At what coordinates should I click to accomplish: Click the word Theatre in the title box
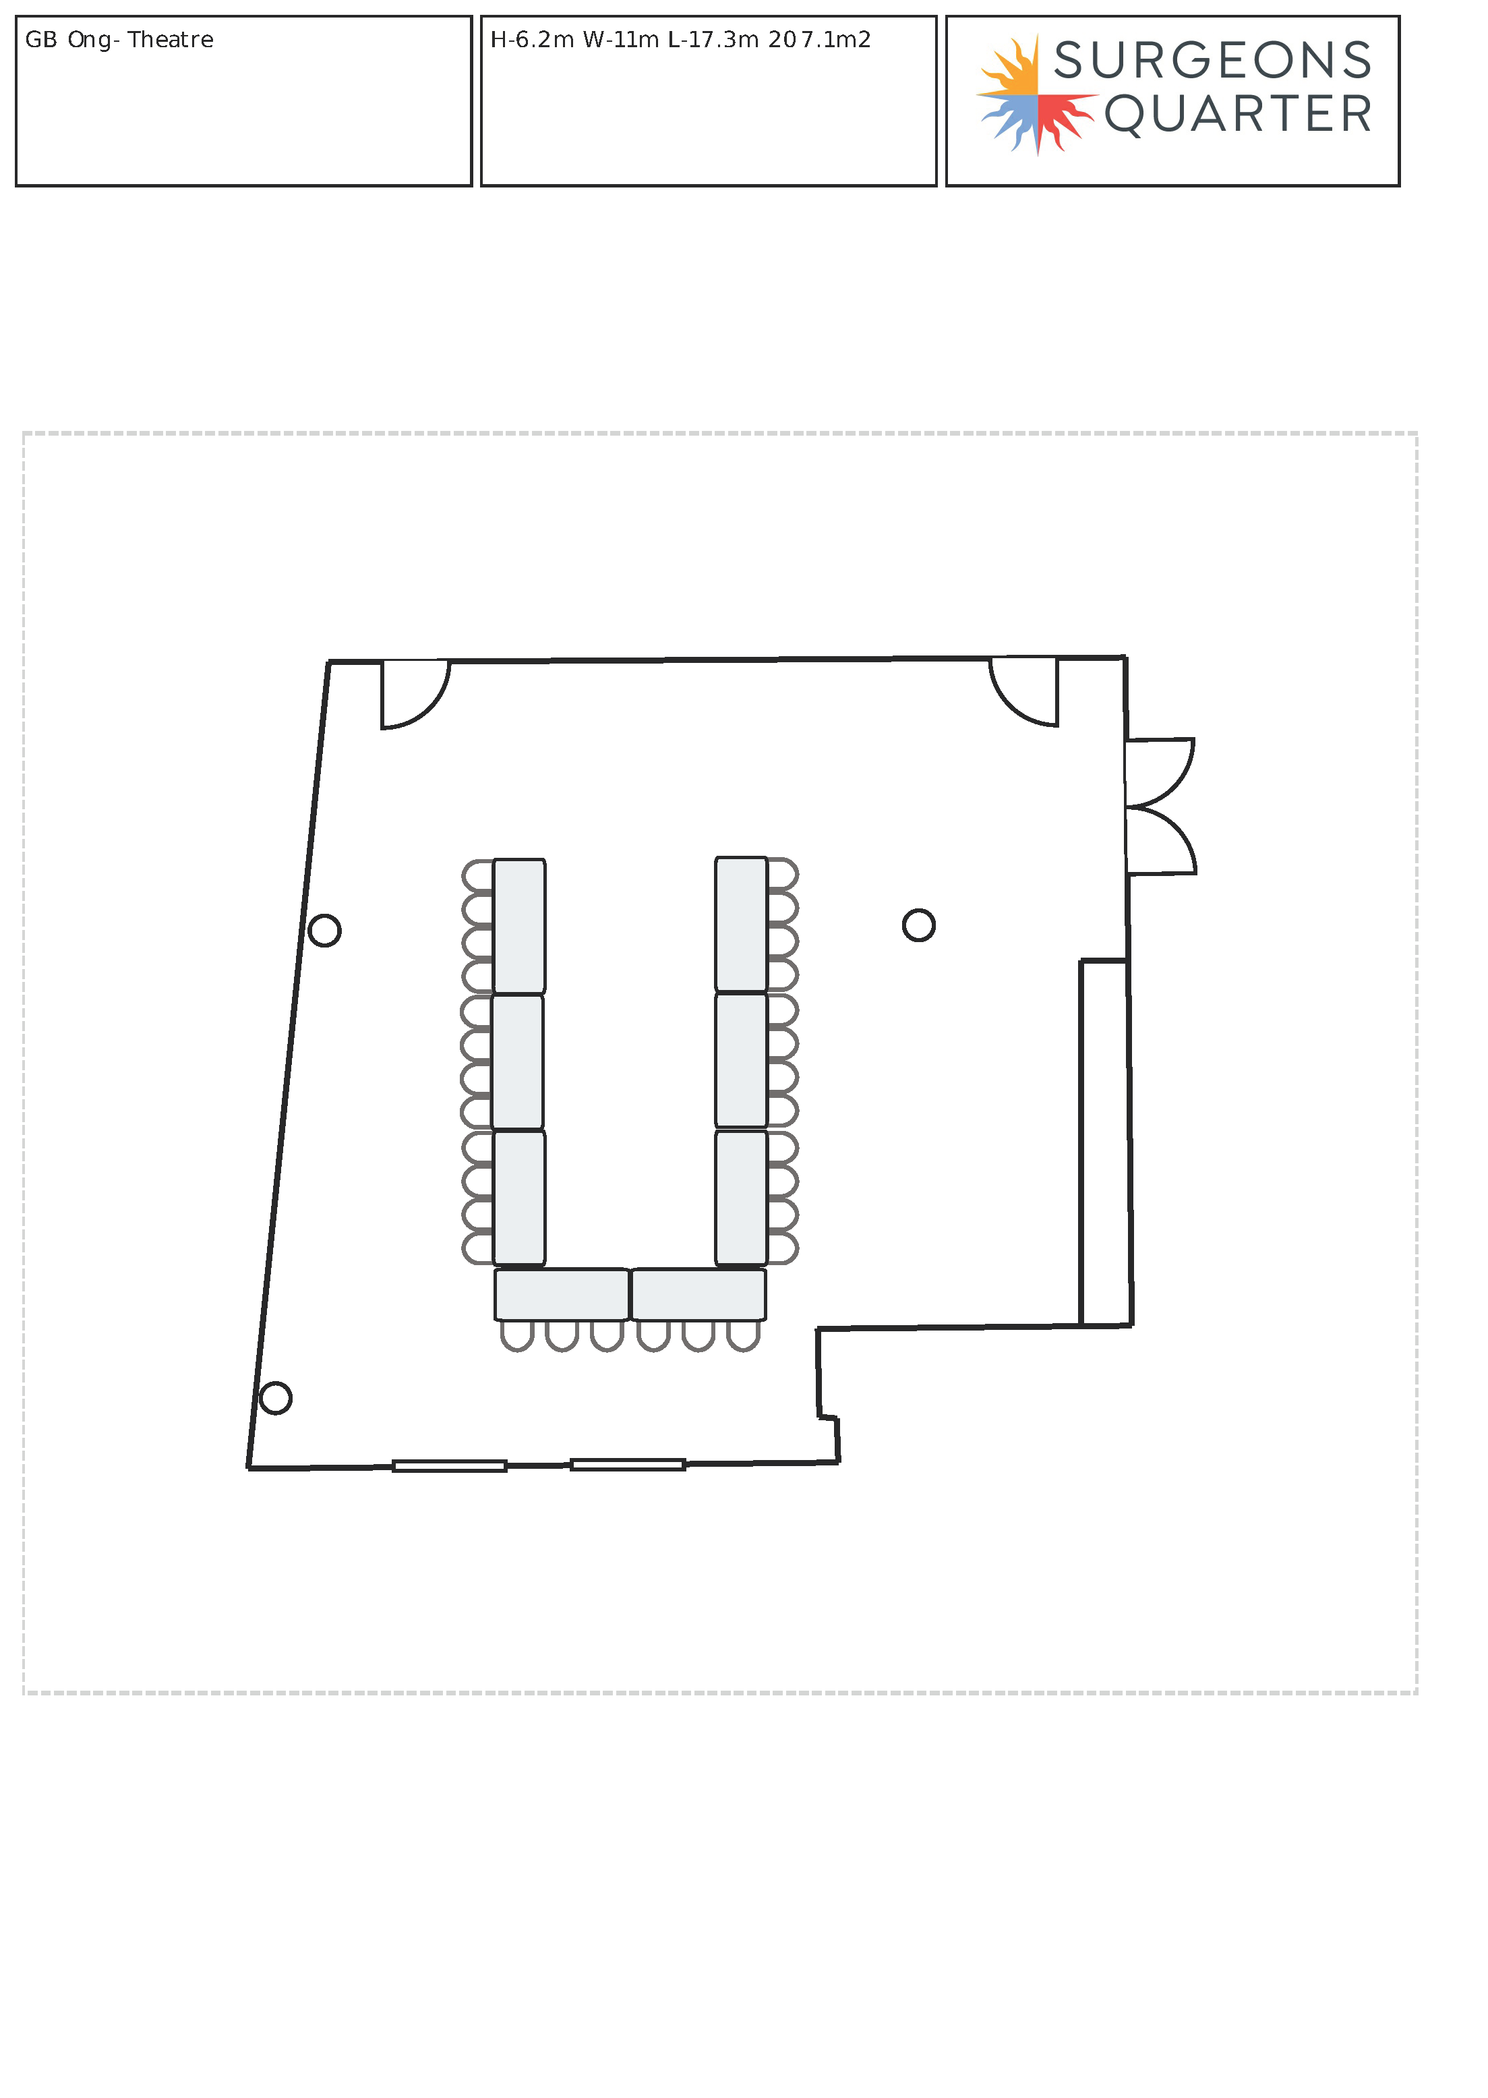point(171,39)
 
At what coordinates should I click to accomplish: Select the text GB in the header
point(40,39)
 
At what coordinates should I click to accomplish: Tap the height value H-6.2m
point(531,39)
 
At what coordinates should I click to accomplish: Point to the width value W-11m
point(620,39)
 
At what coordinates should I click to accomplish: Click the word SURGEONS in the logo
point(1213,61)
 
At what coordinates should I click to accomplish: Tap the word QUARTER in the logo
point(1238,115)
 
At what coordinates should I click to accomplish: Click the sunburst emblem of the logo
point(1036,94)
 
